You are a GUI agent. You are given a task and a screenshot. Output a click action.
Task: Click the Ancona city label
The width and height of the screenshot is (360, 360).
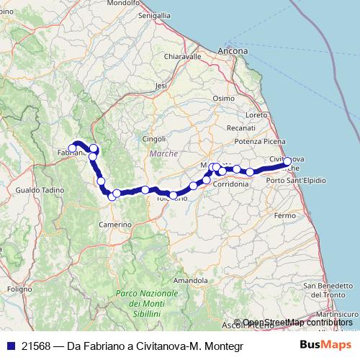[x=233, y=52]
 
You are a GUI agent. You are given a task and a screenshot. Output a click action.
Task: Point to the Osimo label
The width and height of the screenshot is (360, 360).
[x=224, y=99]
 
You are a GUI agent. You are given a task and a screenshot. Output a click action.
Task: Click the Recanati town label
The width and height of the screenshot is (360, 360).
[x=241, y=127]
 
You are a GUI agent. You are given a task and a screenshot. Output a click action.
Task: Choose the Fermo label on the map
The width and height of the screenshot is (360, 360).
[x=285, y=215]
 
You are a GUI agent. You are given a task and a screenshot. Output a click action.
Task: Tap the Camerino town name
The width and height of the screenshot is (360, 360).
[x=116, y=225]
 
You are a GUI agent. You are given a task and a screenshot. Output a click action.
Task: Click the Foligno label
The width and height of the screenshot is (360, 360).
[x=16, y=288]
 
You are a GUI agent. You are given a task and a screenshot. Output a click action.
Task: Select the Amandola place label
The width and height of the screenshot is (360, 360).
[x=191, y=279]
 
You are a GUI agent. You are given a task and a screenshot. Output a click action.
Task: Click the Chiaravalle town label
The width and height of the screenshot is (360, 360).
[x=182, y=56]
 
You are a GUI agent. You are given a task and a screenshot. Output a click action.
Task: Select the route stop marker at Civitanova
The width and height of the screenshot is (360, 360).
[x=287, y=162]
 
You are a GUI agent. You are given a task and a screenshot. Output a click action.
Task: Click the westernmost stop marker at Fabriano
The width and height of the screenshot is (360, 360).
[x=73, y=148]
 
